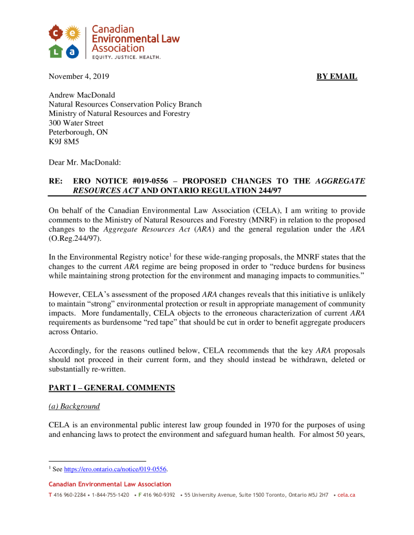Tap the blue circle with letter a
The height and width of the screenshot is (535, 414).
(73, 51)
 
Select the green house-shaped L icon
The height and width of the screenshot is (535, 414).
(56, 51)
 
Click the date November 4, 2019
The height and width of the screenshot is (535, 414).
(79, 77)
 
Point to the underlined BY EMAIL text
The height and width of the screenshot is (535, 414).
(337, 77)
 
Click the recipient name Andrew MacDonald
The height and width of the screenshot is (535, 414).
(82, 95)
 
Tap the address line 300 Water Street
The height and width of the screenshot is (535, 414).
(76, 123)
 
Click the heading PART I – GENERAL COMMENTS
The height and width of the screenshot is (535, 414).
(111, 388)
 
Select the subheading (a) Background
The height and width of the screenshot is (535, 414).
(74, 406)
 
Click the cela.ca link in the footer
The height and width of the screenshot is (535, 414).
(346, 495)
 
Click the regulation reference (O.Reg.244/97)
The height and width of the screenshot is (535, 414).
(74, 238)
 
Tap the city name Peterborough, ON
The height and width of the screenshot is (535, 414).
(78, 133)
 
